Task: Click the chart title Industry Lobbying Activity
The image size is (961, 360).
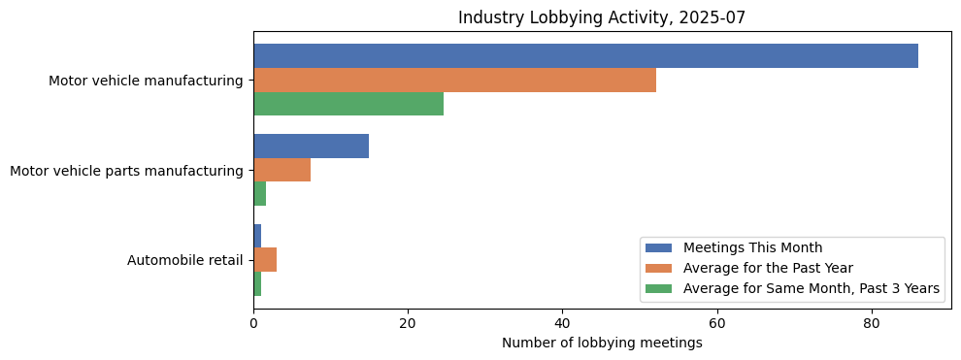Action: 602,17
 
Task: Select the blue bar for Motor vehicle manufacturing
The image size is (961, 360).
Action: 585,56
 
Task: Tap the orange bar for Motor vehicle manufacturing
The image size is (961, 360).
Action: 454,80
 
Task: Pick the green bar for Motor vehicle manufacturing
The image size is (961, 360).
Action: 348,104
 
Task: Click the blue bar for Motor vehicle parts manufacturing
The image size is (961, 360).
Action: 311,146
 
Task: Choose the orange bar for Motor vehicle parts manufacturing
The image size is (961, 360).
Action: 282,170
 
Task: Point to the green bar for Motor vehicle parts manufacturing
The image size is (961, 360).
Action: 259,194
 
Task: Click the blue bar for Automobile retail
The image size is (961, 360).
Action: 257,236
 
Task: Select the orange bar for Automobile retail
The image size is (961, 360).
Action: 265,260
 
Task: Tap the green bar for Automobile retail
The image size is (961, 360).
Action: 257,283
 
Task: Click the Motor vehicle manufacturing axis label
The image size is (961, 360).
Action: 146,81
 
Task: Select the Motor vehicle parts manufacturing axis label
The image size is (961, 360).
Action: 126,171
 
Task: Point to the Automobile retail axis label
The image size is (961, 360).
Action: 184,260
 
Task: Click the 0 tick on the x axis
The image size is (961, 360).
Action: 253,323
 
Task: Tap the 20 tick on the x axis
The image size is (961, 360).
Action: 408,323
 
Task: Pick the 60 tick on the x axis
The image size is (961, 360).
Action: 716,323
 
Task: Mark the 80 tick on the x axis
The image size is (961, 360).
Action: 871,323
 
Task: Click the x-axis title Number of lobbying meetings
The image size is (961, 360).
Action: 602,343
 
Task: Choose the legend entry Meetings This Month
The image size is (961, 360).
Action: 752,247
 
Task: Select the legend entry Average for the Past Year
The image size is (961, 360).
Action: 767,268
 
